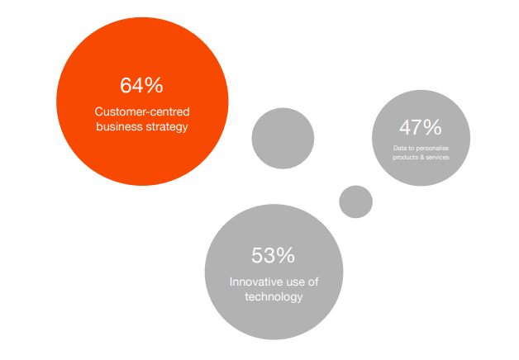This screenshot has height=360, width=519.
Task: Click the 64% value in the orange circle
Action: click(141, 86)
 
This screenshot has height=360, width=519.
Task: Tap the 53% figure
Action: click(273, 256)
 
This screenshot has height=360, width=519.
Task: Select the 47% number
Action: click(421, 127)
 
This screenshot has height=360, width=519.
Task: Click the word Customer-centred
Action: click(141, 112)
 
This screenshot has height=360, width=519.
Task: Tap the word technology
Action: click(274, 296)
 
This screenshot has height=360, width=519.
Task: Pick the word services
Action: click(436, 157)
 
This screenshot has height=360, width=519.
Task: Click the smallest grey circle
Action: click(356, 201)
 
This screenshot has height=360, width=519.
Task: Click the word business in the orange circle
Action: click(117, 127)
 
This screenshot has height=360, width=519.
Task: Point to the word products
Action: click(406, 157)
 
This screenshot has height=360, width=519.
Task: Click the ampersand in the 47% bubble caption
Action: click(421, 157)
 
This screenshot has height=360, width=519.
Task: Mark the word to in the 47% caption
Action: click(412, 149)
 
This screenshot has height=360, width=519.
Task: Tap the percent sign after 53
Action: click(285, 256)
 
